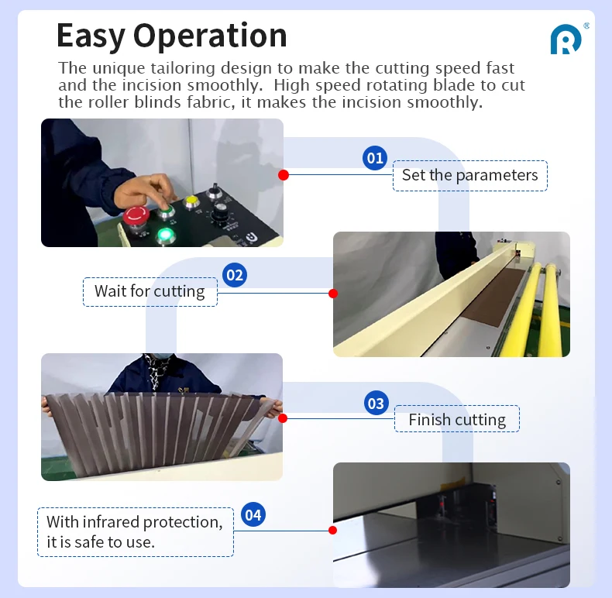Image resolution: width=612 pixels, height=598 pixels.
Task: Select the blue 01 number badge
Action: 375,158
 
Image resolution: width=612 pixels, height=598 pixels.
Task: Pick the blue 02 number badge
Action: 234,275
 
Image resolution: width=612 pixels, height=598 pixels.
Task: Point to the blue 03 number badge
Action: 376,403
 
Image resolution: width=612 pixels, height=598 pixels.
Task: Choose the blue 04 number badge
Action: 253,514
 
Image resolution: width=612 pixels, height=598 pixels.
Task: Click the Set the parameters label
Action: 469,175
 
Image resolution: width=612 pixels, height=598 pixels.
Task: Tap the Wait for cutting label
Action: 150,291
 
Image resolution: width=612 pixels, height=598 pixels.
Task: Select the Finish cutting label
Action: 457,420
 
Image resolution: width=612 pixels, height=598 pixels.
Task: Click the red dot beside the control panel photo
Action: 284,175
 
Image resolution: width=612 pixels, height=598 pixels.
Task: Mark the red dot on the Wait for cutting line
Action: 333,294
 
